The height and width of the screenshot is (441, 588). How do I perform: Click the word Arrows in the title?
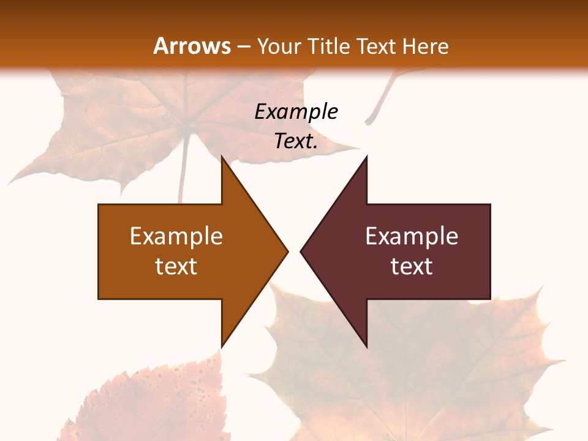tap(192, 46)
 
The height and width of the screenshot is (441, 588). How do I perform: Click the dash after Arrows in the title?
tap(243, 47)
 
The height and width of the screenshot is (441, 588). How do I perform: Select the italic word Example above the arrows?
tap(296, 112)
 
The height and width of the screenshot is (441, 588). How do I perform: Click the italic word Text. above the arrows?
tap(296, 141)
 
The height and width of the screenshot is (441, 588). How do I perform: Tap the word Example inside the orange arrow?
tap(176, 236)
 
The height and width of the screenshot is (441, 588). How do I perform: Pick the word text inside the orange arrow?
tap(176, 266)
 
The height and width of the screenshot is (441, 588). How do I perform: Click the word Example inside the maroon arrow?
tap(412, 236)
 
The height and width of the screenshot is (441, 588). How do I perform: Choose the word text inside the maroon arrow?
tap(412, 266)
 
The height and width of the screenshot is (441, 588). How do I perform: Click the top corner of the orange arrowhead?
tap(222, 157)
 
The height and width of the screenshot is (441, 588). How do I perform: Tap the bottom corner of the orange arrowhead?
tap(222, 346)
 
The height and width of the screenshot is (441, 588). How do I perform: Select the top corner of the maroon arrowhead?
tap(366, 157)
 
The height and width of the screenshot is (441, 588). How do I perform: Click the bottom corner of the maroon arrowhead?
tap(366, 346)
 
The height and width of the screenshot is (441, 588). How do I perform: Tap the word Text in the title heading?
tap(376, 47)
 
